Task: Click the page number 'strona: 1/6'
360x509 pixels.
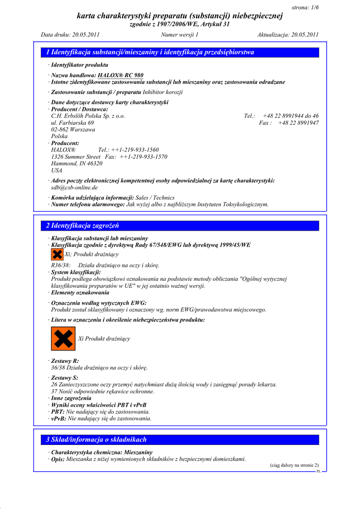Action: tap(304, 7)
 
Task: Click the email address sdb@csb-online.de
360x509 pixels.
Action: tap(75, 188)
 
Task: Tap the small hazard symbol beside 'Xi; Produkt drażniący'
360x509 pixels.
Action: tap(57, 254)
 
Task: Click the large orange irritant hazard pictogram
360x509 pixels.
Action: tap(63, 339)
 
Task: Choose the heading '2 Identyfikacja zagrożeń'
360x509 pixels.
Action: tap(83, 226)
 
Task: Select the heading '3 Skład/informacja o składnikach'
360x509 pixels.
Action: tap(96, 439)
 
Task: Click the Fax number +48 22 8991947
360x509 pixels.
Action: tap(298, 123)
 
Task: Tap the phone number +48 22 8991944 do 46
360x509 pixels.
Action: tap(291, 116)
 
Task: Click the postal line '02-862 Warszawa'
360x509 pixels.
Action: tap(73, 129)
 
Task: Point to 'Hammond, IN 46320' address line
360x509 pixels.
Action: tap(77, 164)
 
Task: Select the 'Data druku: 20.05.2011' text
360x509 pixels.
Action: tap(70, 35)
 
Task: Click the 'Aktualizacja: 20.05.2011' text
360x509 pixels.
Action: tap(288, 35)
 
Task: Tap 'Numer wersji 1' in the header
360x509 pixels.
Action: tap(180, 35)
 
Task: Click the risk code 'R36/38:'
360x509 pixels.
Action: tap(61, 265)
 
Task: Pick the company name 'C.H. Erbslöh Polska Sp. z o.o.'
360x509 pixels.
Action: tap(88, 116)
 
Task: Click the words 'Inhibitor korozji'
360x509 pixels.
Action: tap(163, 92)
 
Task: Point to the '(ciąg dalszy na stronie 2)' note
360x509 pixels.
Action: tap(294, 465)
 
